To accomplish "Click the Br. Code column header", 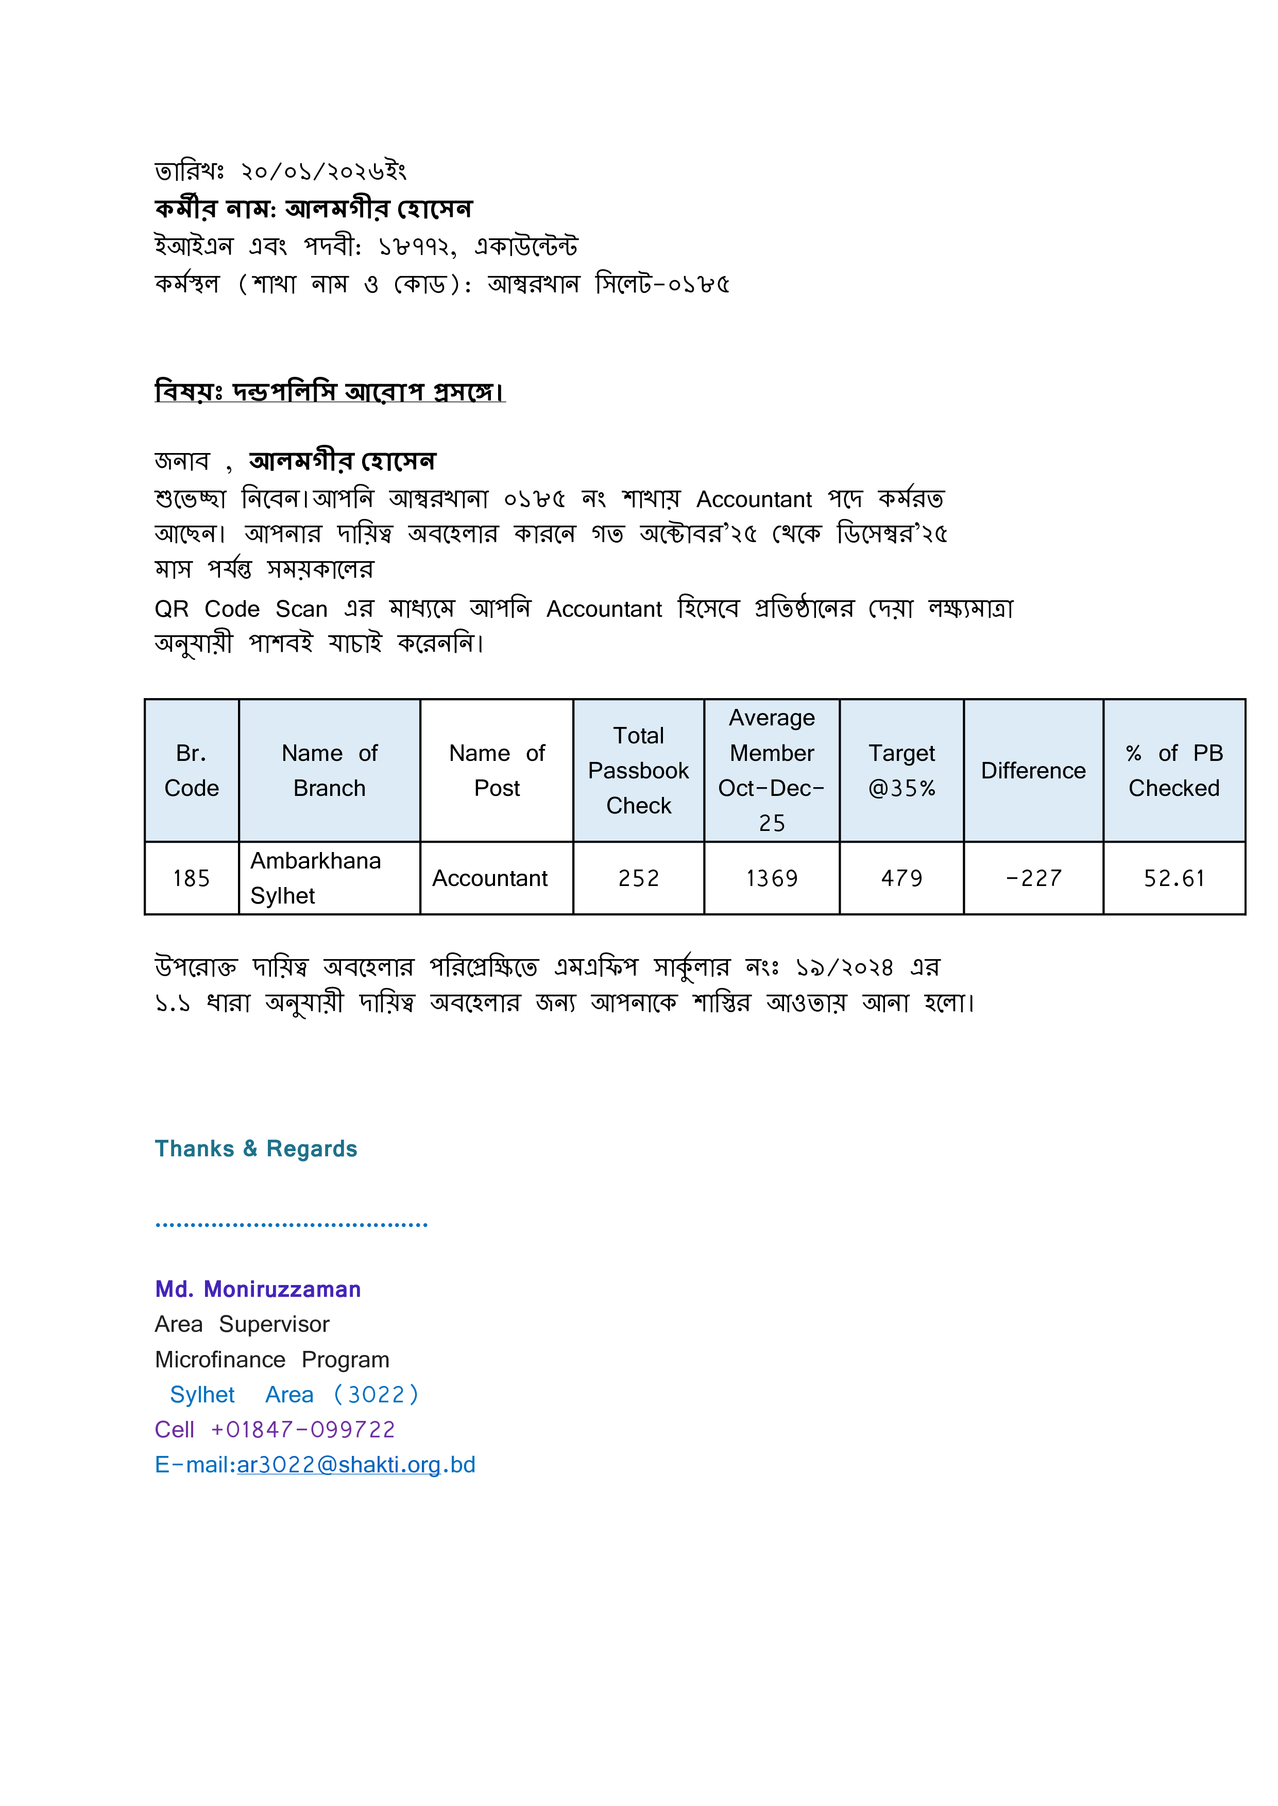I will click(191, 770).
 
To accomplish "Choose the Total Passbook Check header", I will click(638, 770).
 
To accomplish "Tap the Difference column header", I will click(1033, 770).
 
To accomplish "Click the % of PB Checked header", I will click(1173, 770).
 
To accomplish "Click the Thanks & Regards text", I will click(256, 1149).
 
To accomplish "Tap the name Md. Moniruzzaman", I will click(258, 1289).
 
